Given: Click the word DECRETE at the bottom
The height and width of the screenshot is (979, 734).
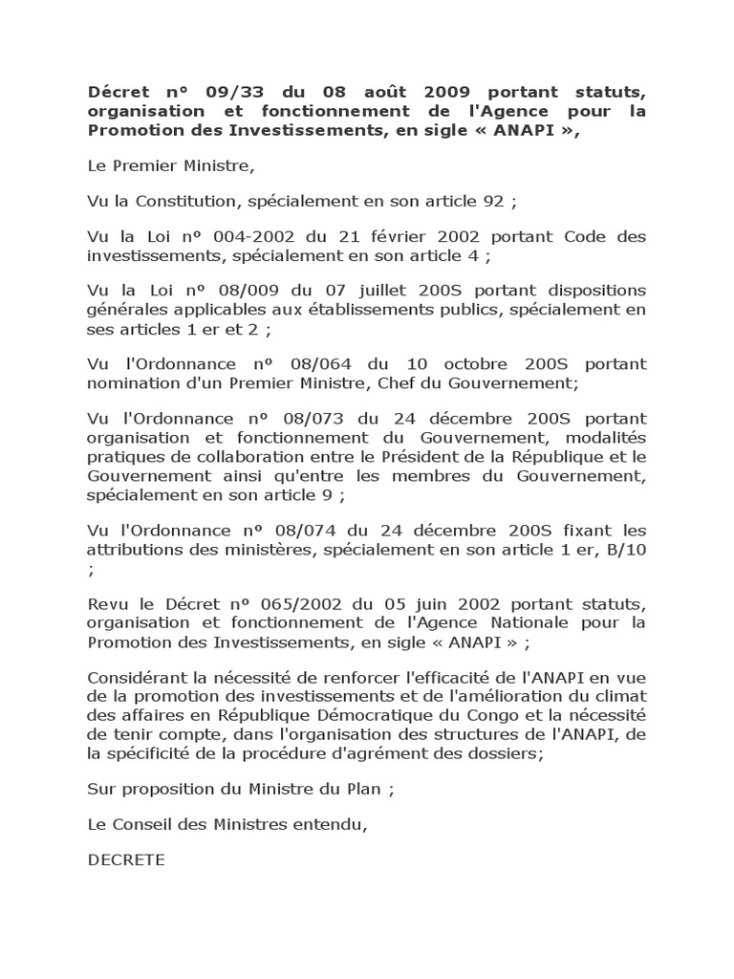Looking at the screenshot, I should (125, 860).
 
